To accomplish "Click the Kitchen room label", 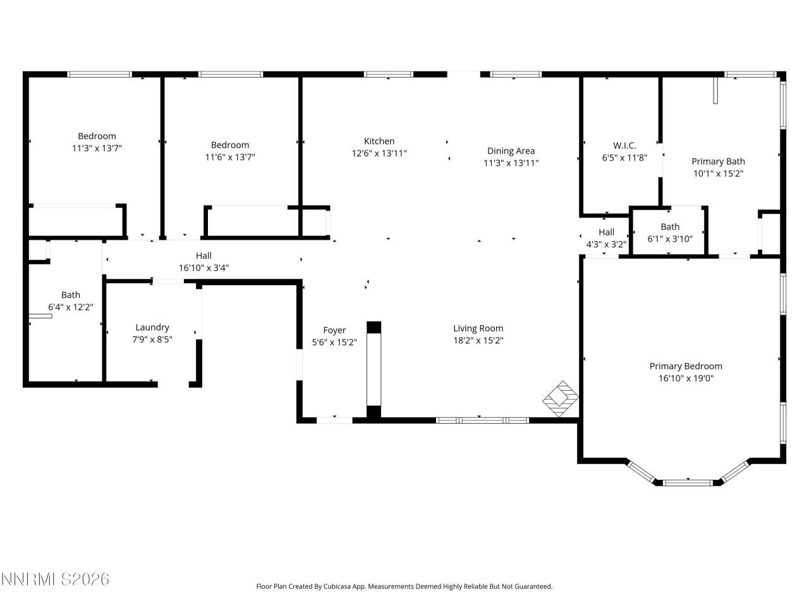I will point(379,141).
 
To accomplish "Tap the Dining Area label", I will point(511,150).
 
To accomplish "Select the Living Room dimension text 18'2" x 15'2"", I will point(478,340).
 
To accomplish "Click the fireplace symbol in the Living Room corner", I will point(561,398).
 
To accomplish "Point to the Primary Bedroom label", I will point(686,366).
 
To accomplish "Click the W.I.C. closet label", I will point(624,145).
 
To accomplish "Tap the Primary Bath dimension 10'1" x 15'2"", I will point(718,173).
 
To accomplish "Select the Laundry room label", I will point(152,327).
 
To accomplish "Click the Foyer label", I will point(334,330).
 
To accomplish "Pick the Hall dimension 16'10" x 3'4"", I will point(204,267).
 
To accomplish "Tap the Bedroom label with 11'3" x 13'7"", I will point(97,136).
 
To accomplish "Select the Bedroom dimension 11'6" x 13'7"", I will point(230,157).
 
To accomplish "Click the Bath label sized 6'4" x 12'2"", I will point(71,295).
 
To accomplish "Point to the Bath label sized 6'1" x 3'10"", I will point(670,226).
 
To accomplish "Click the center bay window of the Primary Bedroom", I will point(688,482).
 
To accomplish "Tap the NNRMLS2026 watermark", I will point(56,579).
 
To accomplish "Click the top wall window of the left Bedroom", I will point(100,74).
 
